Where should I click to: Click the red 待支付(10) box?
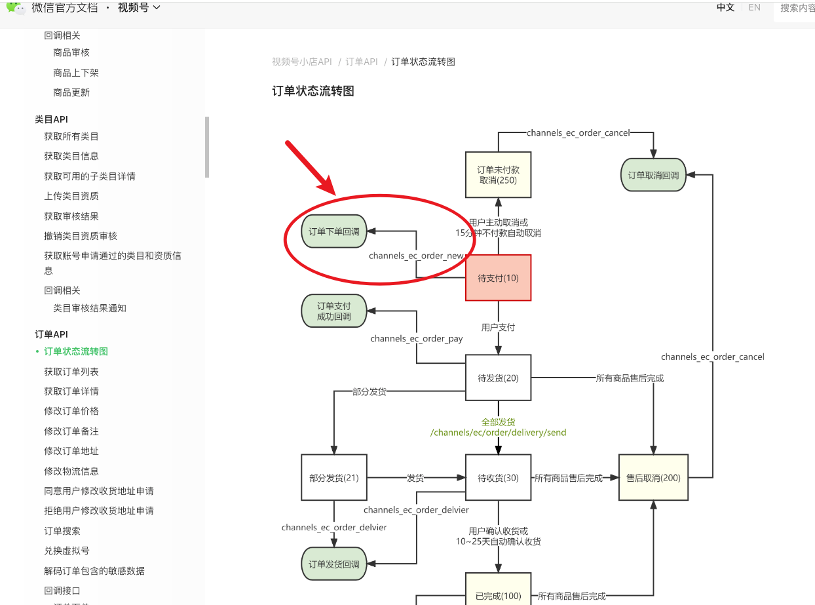[498, 278]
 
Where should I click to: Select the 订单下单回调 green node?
[334, 231]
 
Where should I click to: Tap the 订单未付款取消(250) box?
[498, 175]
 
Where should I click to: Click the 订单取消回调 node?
[653, 175]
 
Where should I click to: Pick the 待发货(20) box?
[498, 378]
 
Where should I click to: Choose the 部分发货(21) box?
[334, 478]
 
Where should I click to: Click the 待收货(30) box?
[498, 478]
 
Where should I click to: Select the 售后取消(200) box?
[653, 478]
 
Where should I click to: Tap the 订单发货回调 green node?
[334, 564]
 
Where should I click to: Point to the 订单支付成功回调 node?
[334, 311]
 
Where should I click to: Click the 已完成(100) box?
[498, 596]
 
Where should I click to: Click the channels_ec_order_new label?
[416, 256]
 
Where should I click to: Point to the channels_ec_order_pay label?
[417, 339]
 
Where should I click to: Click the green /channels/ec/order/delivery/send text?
[498, 433]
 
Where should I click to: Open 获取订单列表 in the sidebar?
[71, 372]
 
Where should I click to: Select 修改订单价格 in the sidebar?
[71, 411]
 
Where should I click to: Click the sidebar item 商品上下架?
[76, 73]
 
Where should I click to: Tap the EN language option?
[755, 8]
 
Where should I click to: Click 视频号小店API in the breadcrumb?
[302, 62]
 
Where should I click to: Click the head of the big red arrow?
[331, 189]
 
